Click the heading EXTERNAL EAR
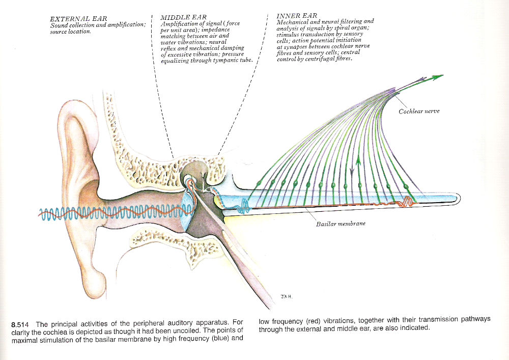click(x=78, y=19)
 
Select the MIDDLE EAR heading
click(x=183, y=17)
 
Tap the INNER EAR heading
click(x=297, y=16)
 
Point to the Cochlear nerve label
click(x=419, y=112)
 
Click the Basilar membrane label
click(x=341, y=224)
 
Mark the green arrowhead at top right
click(x=438, y=77)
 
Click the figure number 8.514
click(x=20, y=324)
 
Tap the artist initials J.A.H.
click(x=285, y=296)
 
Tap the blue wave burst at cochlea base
click(x=243, y=207)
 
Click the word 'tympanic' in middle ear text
click(x=223, y=61)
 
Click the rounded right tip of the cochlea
click(x=459, y=199)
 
